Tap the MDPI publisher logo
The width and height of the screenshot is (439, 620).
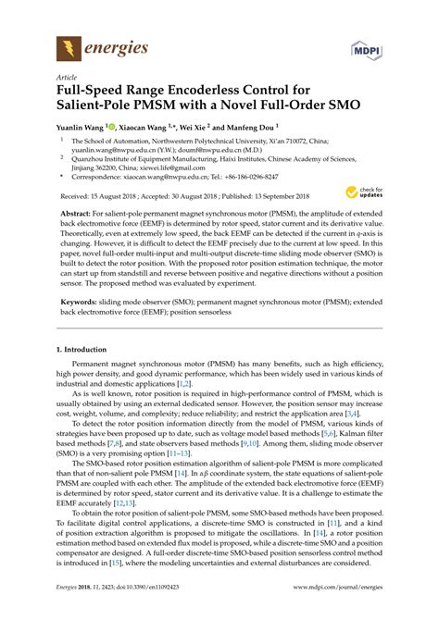[362, 47]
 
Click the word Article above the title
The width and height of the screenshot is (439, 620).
[68, 78]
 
